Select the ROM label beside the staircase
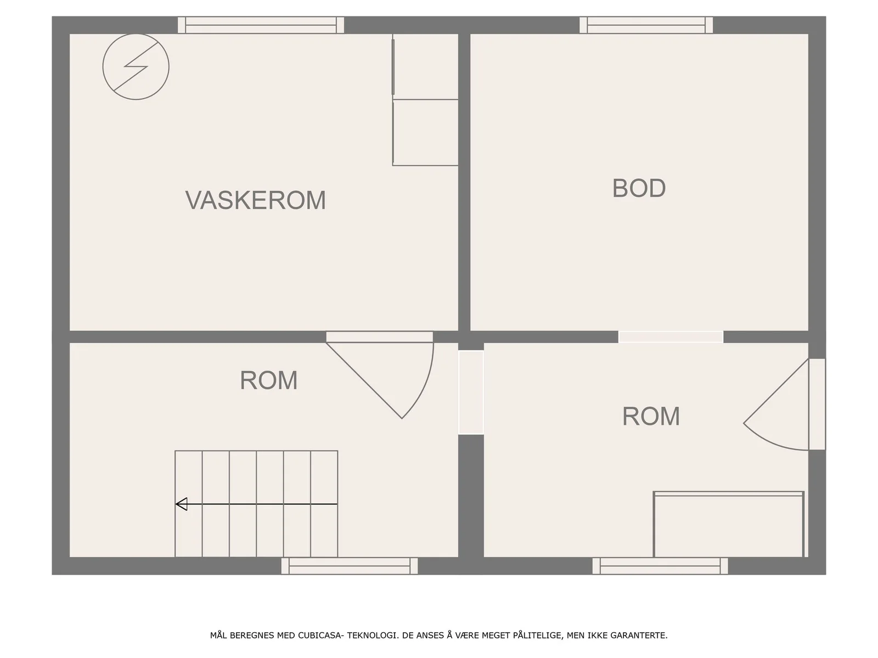click(x=268, y=380)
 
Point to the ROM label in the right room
click(x=651, y=416)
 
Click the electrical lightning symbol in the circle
click(x=136, y=67)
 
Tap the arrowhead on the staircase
click(x=182, y=504)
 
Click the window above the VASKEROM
click(x=261, y=25)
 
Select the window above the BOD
click(x=646, y=25)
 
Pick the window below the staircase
click(x=350, y=566)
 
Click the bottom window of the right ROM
click(x=660, y=566)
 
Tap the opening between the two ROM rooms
click(x=471, y=392)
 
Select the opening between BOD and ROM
click(x=671, y=337)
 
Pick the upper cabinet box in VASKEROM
click(x=425, y=67)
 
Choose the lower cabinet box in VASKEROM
click(x=425, y=133)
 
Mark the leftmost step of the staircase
click(x=188, y=504)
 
